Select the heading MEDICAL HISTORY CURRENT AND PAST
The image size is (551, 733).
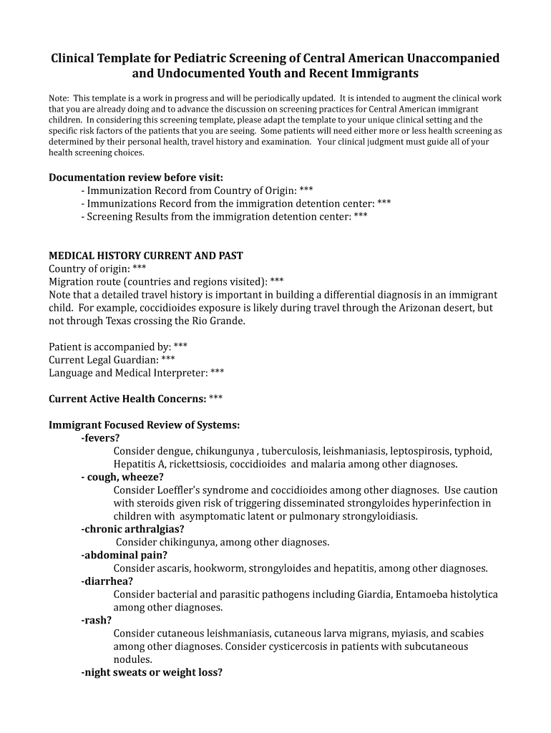[146, 256]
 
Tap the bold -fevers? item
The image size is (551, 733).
[101, 438]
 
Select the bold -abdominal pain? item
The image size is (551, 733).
[125, 555]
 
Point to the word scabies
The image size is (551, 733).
[466, 634]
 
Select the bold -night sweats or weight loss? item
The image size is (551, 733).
[152, 672]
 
